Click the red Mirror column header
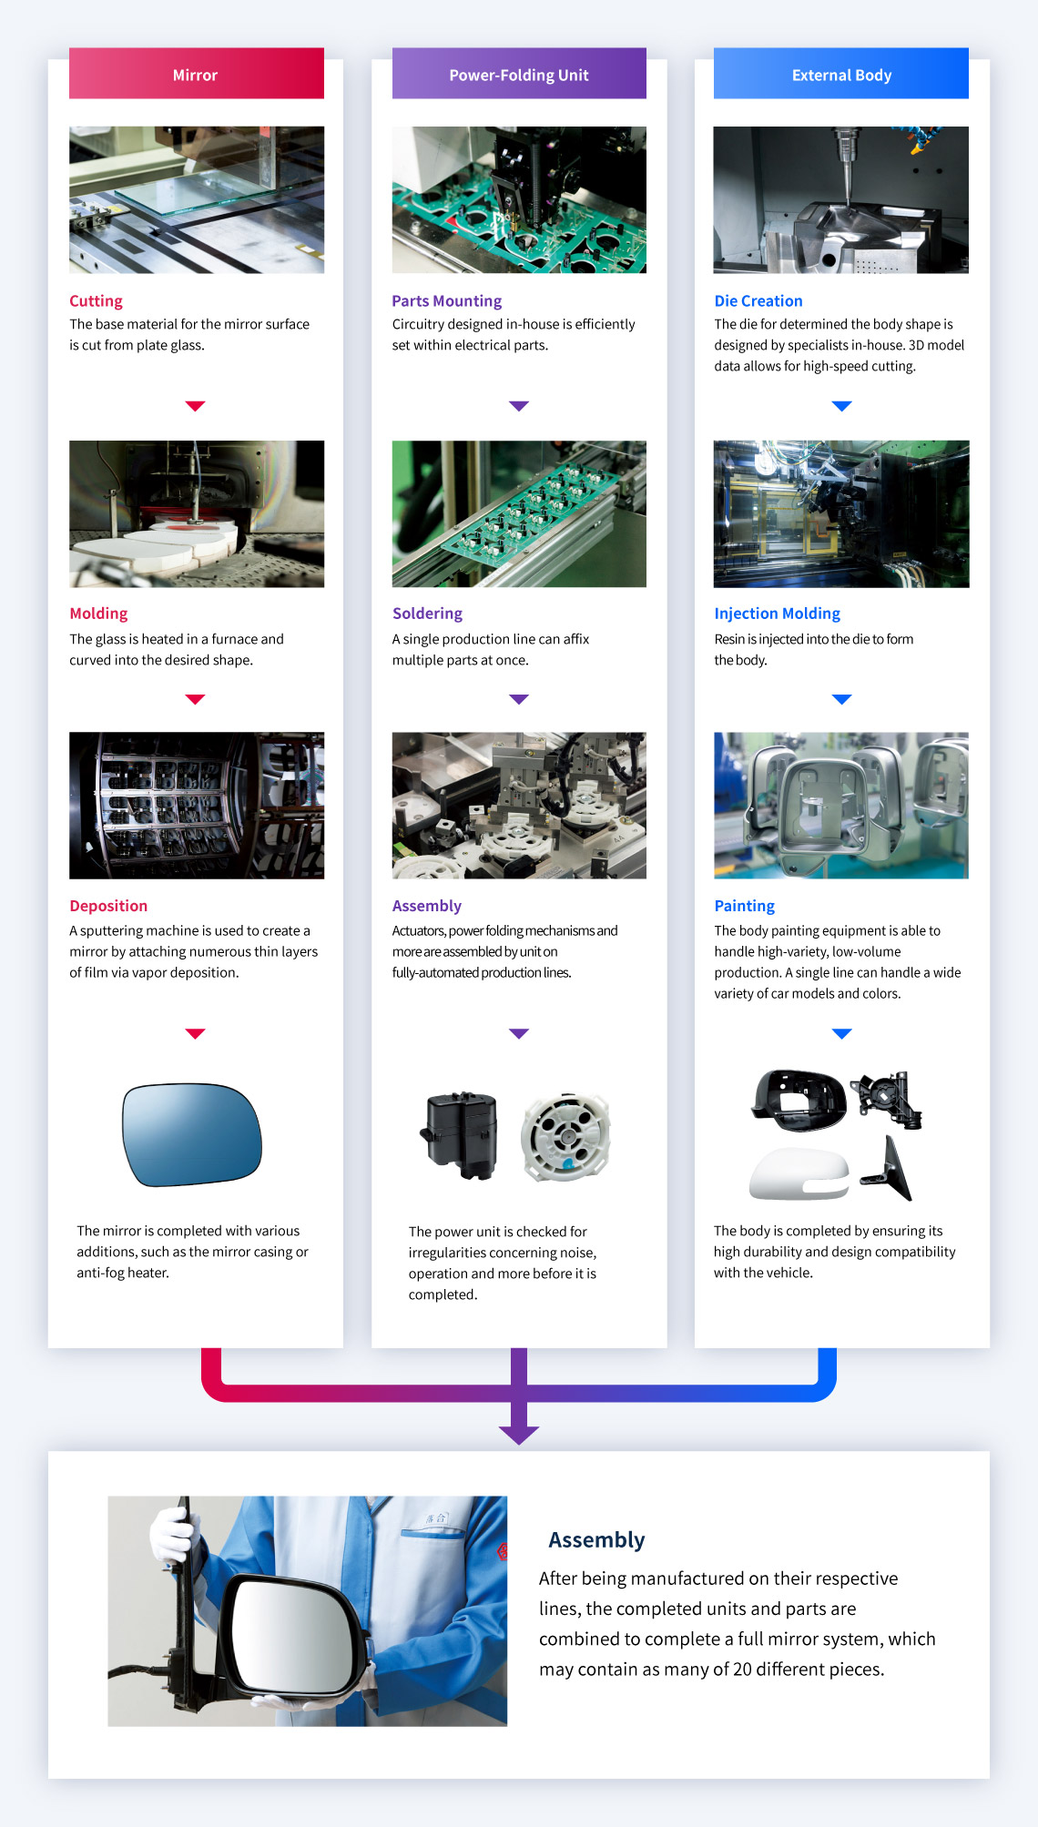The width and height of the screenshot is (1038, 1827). click(196, 73)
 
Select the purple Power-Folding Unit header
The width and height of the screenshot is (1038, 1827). click(519, 73)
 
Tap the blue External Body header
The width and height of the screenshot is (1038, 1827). click(841, 73)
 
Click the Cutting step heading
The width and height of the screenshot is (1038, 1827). click(96, 301)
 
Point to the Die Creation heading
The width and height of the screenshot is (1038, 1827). click(758, 301)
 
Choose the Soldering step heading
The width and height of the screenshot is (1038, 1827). click(427, 614)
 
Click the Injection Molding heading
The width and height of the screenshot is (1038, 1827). click(777, 614)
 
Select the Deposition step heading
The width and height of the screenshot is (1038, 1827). click(108, 906)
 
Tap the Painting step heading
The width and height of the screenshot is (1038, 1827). click(744, 906)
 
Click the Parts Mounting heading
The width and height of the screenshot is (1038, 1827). click(446, 301)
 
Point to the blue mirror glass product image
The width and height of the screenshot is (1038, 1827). click(191, 1134)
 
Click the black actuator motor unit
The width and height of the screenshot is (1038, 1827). click(460, 1135)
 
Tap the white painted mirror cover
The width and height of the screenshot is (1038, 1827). click(799, 1174)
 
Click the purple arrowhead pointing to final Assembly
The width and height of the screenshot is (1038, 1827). click(519, 1435)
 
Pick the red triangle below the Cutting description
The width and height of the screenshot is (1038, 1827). click(195, 406)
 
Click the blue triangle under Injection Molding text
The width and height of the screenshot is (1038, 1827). click(841, 699)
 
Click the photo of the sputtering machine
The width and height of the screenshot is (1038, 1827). click(197, 806)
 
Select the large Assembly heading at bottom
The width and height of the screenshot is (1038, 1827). click(596, 1540)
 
